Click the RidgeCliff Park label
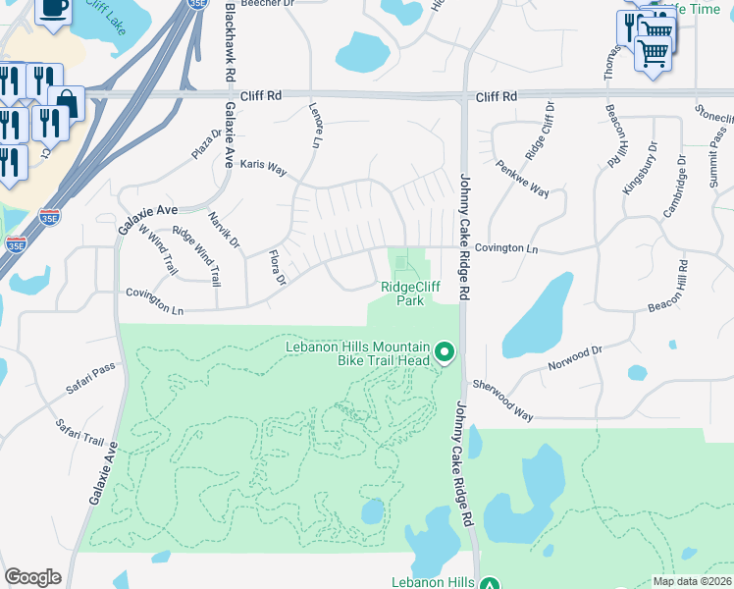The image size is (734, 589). (x=402, y=294)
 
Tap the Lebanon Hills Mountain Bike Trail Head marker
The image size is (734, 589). (x=445, y=351)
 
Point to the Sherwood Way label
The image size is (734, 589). (x=502, y=400)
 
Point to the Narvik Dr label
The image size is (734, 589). (x=223, y=229)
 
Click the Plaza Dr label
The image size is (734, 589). (x=207, y=142)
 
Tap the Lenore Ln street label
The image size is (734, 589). (x=315, y=127)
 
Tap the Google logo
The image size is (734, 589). (x=32, y=577)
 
